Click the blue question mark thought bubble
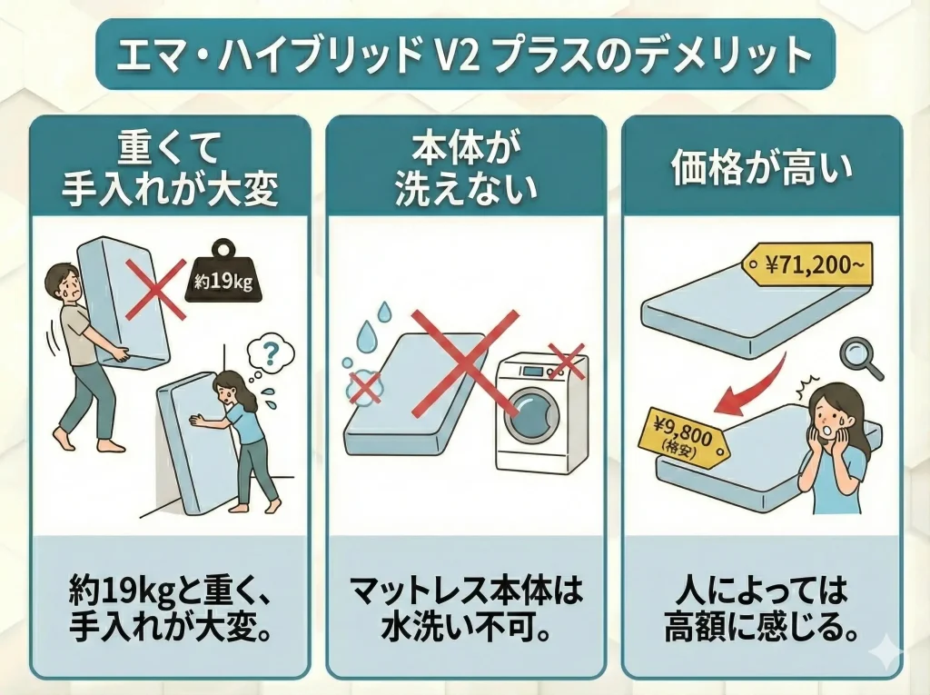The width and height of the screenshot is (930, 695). (x=270, y=355)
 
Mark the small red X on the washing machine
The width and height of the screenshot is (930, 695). (x=565, y=360)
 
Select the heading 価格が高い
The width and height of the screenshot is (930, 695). (x=762, y=169)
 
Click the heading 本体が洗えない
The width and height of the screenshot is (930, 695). (x=465, y=169)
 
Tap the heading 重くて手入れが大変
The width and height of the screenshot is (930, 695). (x=170, y=169)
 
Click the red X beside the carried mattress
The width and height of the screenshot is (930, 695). (x=154, y=289)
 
